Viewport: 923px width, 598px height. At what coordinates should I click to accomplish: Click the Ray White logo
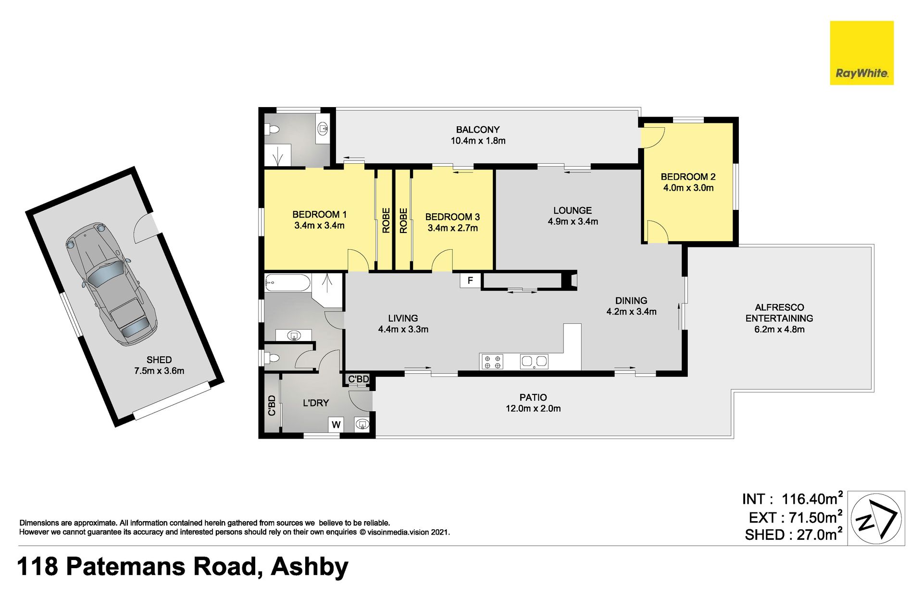[x=861, y=53]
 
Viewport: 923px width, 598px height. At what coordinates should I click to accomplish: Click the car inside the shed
[x=111, y=284]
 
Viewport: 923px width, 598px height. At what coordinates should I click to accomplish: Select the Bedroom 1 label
[x=319, y=214]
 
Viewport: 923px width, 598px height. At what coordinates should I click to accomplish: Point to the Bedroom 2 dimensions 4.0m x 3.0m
[x=688, y=188]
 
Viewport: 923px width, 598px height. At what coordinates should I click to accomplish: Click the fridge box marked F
[x=470, y=281]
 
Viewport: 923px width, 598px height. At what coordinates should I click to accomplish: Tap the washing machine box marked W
[x=336, y=424]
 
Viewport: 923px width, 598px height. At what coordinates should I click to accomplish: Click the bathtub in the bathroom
[x=287, y=282]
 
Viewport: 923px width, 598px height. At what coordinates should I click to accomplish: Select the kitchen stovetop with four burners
[x=492, y=362]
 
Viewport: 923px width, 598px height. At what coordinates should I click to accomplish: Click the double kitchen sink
[x=534, y=362]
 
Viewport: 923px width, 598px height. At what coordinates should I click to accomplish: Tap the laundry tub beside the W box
[x=362, y=424]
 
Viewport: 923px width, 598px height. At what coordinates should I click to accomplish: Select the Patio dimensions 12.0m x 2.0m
[x=533, y=409]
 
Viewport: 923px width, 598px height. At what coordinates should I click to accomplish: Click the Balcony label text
[x=478, y=130]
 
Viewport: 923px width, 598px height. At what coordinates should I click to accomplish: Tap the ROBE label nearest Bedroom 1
[x=386, y=220]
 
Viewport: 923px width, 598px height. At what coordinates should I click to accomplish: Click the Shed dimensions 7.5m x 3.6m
[x=159, y=371]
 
